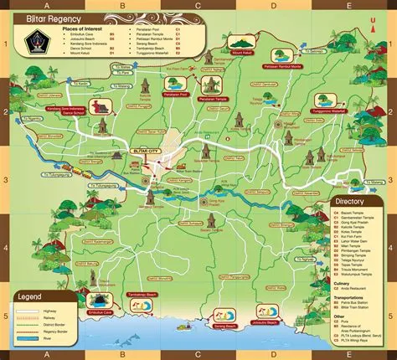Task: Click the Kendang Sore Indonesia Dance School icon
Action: (x=102, y=106)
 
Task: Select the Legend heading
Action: (x=31, y=296)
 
